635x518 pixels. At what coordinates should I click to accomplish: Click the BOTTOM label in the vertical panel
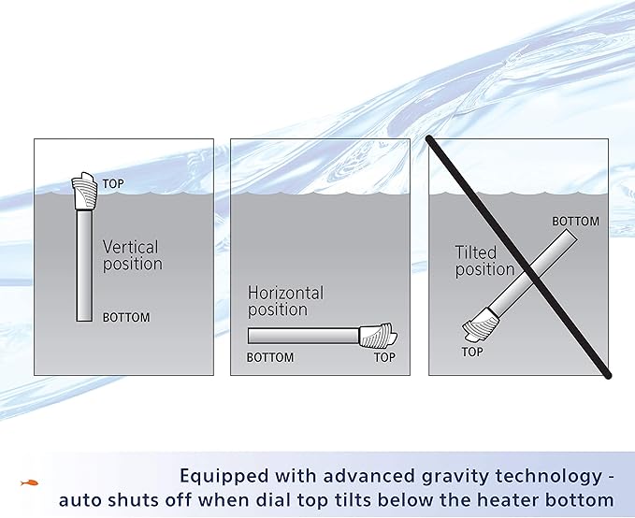[126, 318]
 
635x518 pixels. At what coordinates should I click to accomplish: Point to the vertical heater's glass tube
[84, 266]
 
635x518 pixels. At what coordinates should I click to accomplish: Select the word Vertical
[130, 248]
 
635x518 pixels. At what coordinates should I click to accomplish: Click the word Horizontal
[285, 294]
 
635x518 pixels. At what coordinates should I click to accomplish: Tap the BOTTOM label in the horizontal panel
[270, 357]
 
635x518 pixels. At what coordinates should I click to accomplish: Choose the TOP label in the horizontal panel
[384, 357]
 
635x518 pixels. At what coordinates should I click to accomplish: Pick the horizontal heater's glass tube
[303, 335]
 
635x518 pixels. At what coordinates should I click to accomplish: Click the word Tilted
[476, 252]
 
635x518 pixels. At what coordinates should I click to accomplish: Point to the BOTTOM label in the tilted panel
[575, 222]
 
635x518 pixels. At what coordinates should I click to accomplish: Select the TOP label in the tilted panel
[472, 352]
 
